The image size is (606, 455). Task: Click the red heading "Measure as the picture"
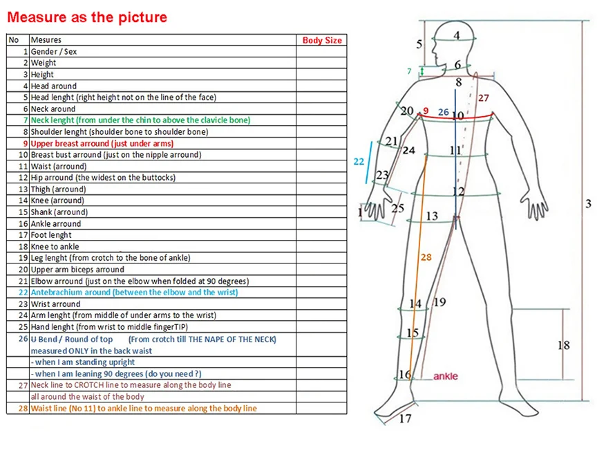[x=87, y=17]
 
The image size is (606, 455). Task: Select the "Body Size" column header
[x=322, y=40]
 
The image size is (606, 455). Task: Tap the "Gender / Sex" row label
[x=53, y=52]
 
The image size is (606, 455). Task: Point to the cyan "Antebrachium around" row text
[x=134, y=292]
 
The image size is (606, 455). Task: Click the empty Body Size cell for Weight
[x=321, y=63]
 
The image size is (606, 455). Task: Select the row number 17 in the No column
[x=23, y=235]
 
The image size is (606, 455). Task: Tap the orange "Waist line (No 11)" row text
[x=143, y=408]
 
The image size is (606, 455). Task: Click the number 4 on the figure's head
[x=457, y=35]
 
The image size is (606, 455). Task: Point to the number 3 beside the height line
[x=589, y=204]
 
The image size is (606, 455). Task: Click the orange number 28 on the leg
[x=426, y=257]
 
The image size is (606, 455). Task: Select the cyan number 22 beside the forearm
[x=359, y=161]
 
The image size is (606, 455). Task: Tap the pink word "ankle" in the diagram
[x=445, y=377]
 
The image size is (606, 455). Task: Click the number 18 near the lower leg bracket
[x=563, y=345]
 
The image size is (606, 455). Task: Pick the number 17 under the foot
[x=406, y=418]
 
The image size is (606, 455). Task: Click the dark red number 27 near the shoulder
[x=483, y=98]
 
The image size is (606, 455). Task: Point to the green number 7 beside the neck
[x=409, y=71]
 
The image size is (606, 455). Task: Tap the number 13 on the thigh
[x=432, y=216]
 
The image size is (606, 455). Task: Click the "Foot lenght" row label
[x=51, y=235]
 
